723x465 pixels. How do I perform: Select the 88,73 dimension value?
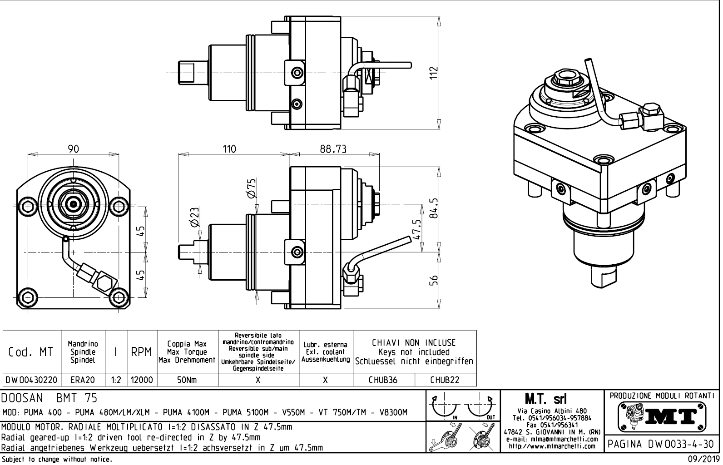click(333, 149)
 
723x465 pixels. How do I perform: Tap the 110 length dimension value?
click(229, 149)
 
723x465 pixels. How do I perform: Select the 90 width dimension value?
click(74, 149)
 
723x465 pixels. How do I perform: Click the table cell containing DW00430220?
click(31, 380)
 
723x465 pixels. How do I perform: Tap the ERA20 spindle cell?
click(83, 380)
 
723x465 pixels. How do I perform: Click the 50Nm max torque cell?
click(187, 380)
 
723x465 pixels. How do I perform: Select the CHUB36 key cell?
click(383, 380)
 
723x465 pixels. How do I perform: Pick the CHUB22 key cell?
click(445, 380)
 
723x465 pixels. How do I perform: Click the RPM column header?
click(141, 352)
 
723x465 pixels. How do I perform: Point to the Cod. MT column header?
click(31, 352)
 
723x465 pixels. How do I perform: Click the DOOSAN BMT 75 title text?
click(50, 399)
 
